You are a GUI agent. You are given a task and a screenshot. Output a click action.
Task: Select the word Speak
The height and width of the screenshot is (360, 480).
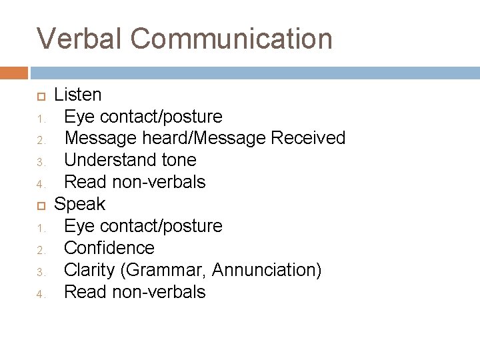[x=79, y=203]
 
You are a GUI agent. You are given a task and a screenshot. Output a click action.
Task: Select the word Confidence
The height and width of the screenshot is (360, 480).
[x=109, y=248]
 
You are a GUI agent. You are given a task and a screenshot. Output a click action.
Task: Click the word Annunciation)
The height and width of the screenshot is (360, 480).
[x=267, y=270]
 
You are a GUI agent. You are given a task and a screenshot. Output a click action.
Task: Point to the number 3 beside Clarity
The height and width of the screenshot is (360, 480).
[x=40, y=271]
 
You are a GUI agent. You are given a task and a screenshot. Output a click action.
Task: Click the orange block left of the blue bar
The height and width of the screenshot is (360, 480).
[x=14, y=72]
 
